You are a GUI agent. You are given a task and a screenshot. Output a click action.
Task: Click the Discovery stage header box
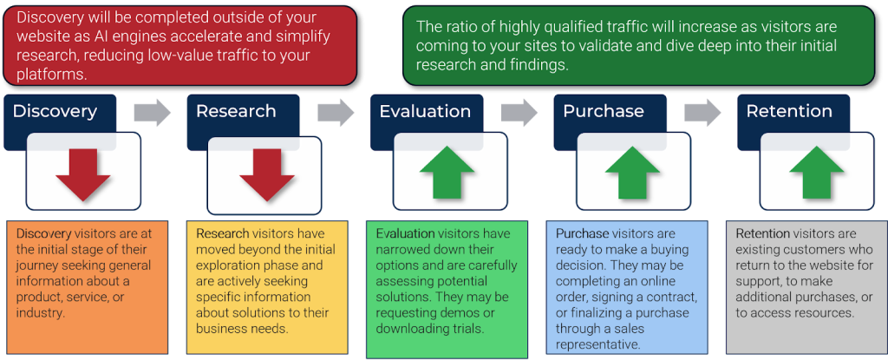point(55,111)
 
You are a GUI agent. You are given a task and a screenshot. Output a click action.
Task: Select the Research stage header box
point(236,111)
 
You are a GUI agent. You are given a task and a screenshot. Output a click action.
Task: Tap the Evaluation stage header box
point(425,111)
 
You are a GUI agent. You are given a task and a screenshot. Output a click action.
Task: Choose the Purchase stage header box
point(604,111)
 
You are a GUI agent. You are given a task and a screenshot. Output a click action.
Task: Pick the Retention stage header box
point(789,111)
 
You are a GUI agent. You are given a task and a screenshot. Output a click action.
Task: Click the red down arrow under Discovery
point(82,173)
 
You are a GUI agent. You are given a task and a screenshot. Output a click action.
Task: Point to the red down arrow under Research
point(266,173)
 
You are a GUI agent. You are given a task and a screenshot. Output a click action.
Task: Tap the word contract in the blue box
point(654,297)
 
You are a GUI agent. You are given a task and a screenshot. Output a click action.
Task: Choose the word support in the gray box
point(761,281)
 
